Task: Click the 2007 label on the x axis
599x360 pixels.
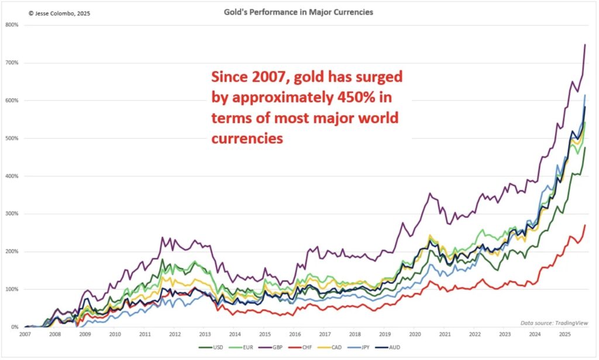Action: [x=25, y=335]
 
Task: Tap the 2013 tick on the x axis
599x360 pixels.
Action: [x=205, y=335]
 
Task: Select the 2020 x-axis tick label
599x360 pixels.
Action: [x=415, y=335]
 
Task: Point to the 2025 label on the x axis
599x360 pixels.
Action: [x=564, y=335]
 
